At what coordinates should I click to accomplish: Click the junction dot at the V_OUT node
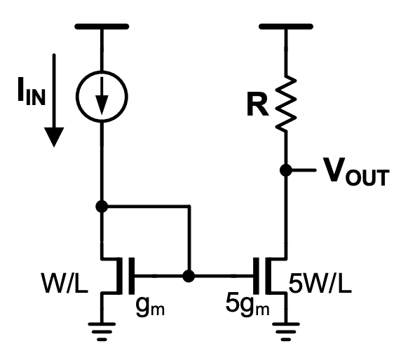point(286,170)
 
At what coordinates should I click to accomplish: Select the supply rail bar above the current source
point(102,27)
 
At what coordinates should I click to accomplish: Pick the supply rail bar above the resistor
point(286,27)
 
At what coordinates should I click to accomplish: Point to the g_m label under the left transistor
point(148,305)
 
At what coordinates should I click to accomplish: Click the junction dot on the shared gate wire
point(188,276)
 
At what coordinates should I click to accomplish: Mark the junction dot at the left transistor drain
point(102,206)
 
